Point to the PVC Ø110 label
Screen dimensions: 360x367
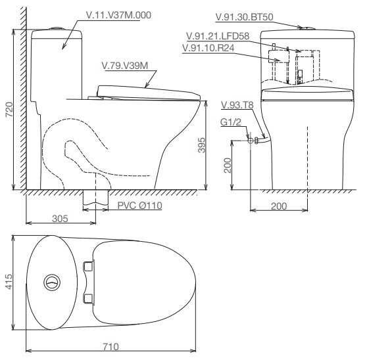tap(139, 206)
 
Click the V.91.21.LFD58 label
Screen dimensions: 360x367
tap(218, 36)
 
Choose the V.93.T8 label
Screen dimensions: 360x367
tap(236, 104)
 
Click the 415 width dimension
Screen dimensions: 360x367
tap(9, 282)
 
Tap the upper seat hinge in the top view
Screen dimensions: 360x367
tap(90, 265)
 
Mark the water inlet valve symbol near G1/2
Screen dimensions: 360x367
tap(251, 140)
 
